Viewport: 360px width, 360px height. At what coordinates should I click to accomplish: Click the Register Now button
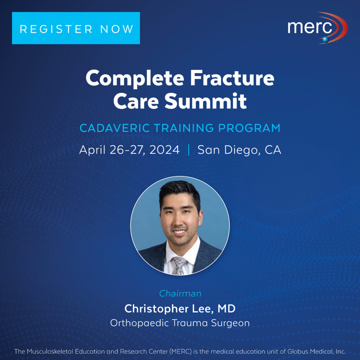pyautogui.click(x=76, y=28)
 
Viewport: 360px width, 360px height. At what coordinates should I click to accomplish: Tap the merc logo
pyautogui.click(x=318, y=28)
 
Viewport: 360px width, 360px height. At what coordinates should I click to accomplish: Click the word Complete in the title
pyautogui.click(x=135, y=78)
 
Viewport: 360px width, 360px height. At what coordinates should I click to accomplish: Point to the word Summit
pyautogui.click(x=205, y=101)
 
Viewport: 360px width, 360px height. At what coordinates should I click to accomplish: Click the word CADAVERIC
pyautogui.click(x=115, y=128)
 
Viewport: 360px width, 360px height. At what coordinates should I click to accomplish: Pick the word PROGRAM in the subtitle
pyautogui.click(x=249, y=128)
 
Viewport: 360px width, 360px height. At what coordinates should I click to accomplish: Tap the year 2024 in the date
pyautogui.click(x=165, y=150)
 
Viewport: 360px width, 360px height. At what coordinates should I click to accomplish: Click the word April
pyautogui.click(x=92, y=150)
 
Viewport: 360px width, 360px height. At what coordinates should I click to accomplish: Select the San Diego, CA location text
pyautogui.click(x=239, y=150)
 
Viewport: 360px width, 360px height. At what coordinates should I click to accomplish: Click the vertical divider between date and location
pyautogui.click(x=189, y=150)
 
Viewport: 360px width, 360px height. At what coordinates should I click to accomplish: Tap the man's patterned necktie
pyautogui.click(x=179, y=265)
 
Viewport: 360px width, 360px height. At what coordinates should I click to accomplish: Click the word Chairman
pyautogui.click(x=180, y=294)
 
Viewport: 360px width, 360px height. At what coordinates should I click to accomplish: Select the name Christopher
pyautogui.click(x=155, y=309)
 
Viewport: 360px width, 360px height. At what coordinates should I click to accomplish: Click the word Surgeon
pyautogui.click(x=230, y=323)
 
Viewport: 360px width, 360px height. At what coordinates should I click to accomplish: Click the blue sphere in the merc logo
pyautogui.click(x=326, y=39)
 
